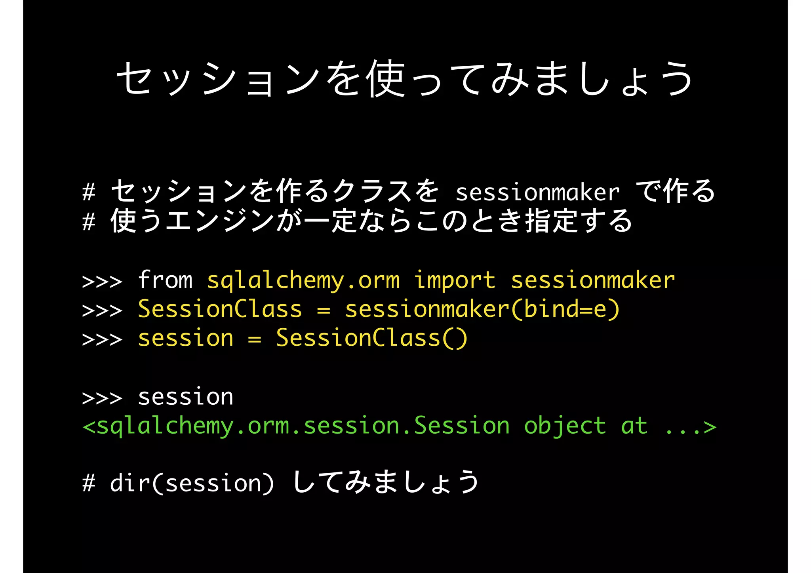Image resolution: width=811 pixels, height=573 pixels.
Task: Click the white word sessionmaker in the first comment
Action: pyautogui.click(x=537, y=193)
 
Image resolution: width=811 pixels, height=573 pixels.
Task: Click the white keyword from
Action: pyautogui.click(x=165, y=280)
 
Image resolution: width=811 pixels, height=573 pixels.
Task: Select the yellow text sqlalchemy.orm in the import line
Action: pyautogui.click(x=303, y=281)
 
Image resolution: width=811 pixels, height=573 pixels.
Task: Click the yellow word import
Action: pyautogui.click(x=455, y=281)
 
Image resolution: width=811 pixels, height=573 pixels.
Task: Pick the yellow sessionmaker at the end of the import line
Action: pyautogui.click(x=593, y=280)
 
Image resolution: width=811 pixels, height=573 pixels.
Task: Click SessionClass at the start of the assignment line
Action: pyautogui.click(x=220, y=309)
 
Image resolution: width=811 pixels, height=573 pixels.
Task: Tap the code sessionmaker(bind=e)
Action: pyautogui.click(x=482, y=309)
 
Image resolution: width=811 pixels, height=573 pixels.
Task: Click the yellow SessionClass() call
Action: pyautogui.click(x=372, y=338)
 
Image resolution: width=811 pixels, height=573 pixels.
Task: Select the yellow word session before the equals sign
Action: pyautogui.click(x=186, y=339)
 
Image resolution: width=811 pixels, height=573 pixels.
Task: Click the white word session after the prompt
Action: pyautogui.click(x=186, y=397)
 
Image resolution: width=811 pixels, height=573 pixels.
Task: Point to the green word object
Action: pyautogui.click(x=565, y=426)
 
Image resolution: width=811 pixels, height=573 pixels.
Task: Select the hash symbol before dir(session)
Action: pyautogui.click(x=89, y=484)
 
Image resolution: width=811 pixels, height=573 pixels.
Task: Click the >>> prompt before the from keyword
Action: pyautogui.click(x=102, y=281)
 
